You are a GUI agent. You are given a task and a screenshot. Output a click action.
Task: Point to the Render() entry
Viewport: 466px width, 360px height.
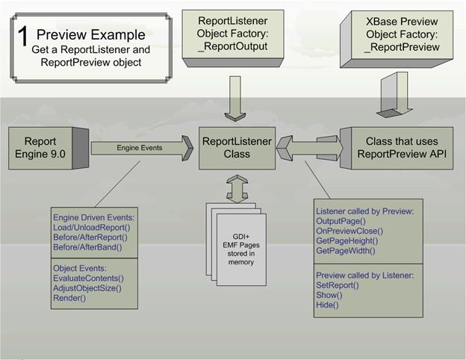(69, 298)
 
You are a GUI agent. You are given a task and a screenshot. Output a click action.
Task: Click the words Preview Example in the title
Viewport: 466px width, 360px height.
(90, 34)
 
